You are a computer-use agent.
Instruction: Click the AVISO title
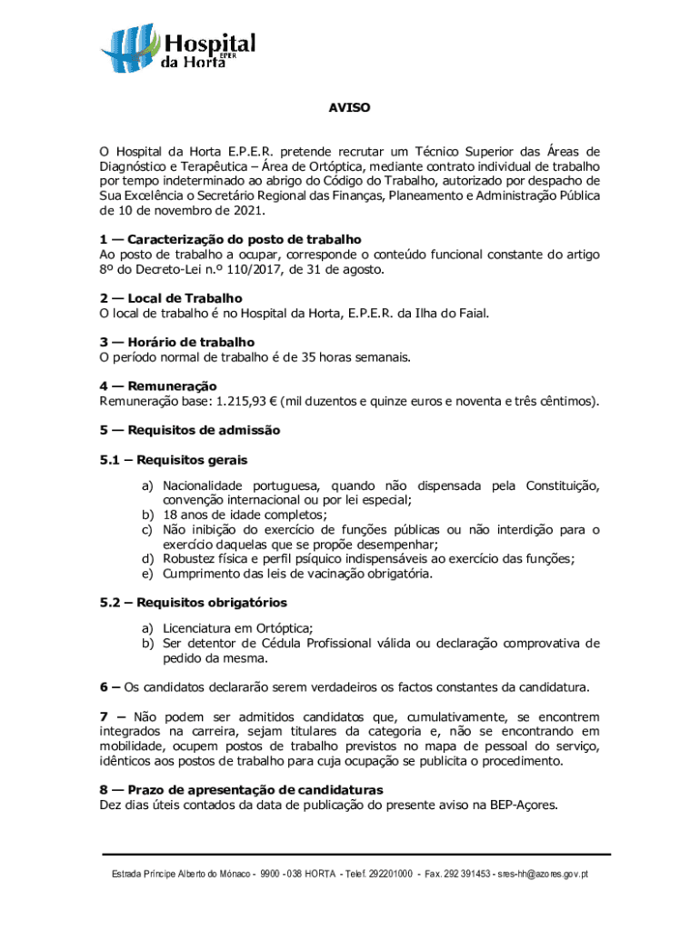coord(349,107)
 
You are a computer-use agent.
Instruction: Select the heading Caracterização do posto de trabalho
coord(231,239)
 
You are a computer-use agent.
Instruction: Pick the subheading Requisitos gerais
coord(174,460)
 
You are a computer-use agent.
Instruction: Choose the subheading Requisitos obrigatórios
coord(194,602)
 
